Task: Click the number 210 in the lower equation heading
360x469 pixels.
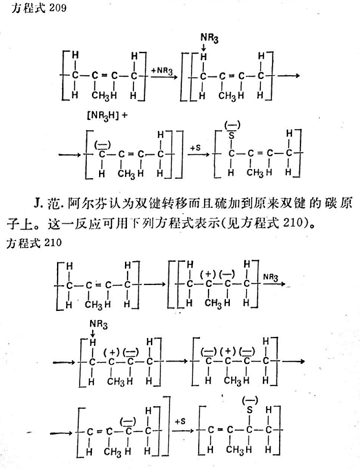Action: (x=52, y=242)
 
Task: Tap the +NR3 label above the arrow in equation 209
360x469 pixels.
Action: (x=162, y=71)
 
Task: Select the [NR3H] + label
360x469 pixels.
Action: (x=106, y=116)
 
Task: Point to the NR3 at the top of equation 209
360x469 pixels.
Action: (x=209, y=38)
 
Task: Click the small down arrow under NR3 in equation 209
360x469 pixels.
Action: (x=204, y=47)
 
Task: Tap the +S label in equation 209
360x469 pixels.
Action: (x=196, y=148)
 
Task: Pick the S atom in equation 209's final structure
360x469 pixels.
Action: (x=231, y=136)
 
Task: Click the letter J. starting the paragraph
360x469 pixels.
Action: (x=38, y=203)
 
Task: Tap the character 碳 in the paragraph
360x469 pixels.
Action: (x=330, y=203)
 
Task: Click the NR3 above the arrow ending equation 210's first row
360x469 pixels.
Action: (x=271, y=277)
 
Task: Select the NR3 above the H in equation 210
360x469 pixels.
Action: (x=98, y=325)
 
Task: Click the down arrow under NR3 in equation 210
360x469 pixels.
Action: (x=93, y=334)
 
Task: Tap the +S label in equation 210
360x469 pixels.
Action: (x=180, y=422)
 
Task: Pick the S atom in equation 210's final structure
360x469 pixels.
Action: (x=249, y=410)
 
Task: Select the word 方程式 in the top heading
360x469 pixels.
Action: (x=28, y=8)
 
